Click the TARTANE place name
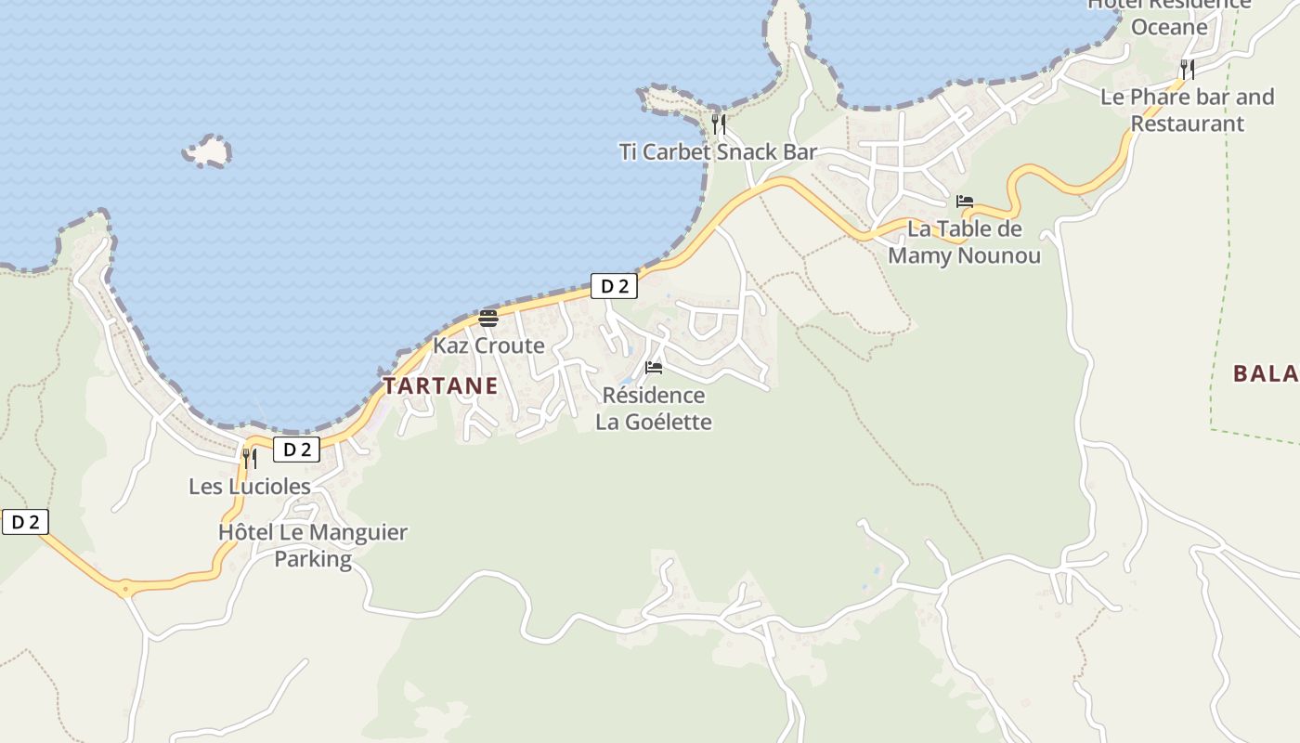pos(440,385)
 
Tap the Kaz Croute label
pos(488,345)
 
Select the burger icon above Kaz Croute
pos(488,319)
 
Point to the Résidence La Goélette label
pos(654,409)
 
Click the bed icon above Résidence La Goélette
pos(654,368)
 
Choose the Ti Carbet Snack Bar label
pos(718,151)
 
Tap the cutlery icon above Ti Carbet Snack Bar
pos(718,124)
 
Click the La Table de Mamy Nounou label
pos(964,241)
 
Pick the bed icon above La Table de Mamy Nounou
pos(965,202)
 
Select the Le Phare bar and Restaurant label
pos(1187,110)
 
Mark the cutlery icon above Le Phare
pos(1187,69)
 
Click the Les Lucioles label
pos(250,486)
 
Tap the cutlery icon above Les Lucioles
pos(249,458)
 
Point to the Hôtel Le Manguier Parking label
pos(313,545)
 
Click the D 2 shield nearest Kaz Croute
pos(614,286)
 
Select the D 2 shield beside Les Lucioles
pos(296,450)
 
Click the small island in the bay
pos(207,150)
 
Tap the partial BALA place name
pos(1265,373)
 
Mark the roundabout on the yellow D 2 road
pos(125,589)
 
